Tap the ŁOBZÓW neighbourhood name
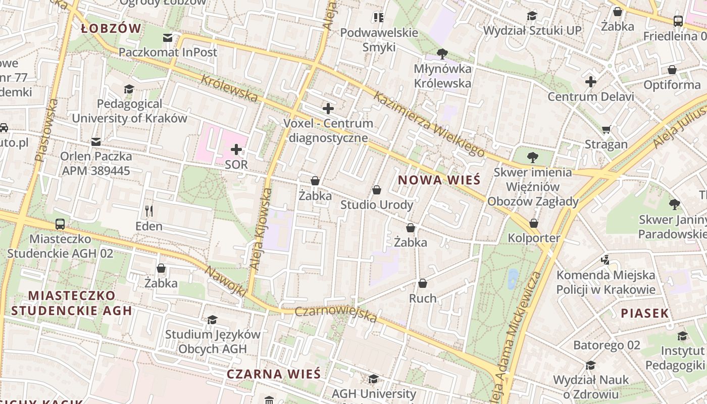(x=111, y=29)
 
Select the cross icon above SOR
(x=236, y=149)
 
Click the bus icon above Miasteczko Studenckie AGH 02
(x=60, y=224)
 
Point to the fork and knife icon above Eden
(x=148, y=211)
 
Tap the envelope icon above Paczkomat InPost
(x=168, y=38)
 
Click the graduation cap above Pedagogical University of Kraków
(x=129, y=89)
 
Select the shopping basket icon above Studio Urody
(x=376, y=190)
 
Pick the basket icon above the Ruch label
(x=423, y=283)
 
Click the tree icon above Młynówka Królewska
(x=442, y=54)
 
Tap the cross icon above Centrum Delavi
(x=591, y=82)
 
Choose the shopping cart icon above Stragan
(x=606, y=130)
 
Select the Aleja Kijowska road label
(x=261, y=228)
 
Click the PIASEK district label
(x=645, y=313)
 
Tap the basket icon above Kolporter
(x=534, y=223)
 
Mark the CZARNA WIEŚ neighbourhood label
(x=273, y=374)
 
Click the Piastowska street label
(x=46, y=130)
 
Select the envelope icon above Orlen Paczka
(x=96, y=142)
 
